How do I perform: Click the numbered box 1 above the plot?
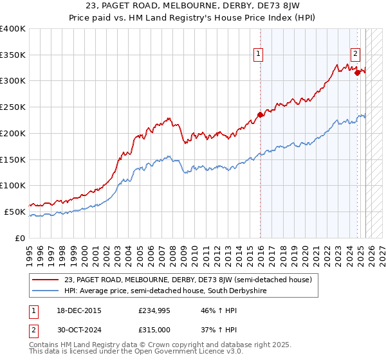258,54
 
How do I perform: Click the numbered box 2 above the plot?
356,54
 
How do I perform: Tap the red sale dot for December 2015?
261,115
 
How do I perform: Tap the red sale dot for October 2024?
357,73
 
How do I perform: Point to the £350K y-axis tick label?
13,55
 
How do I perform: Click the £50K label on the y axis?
15,212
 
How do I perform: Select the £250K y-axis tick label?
13,107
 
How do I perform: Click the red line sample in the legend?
46,280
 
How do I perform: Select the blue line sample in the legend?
46,291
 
